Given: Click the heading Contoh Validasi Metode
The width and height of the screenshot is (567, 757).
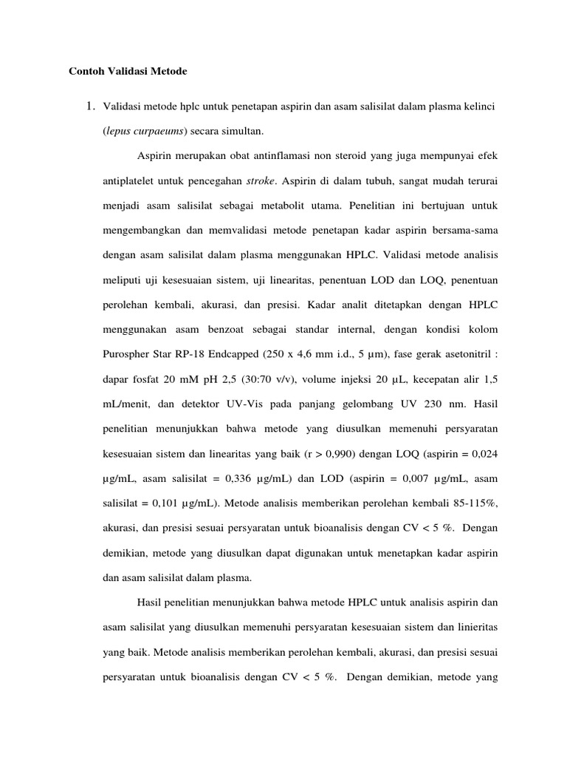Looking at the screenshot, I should pos(128,72).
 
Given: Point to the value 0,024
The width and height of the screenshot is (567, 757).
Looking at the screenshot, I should pos(483,453).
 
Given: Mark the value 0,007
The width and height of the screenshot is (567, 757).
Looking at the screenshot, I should pos(408,479).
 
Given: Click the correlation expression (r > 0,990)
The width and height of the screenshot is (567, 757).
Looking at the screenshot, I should pos(340,453).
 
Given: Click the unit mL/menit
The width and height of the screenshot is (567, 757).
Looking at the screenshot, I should pos(127,405).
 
